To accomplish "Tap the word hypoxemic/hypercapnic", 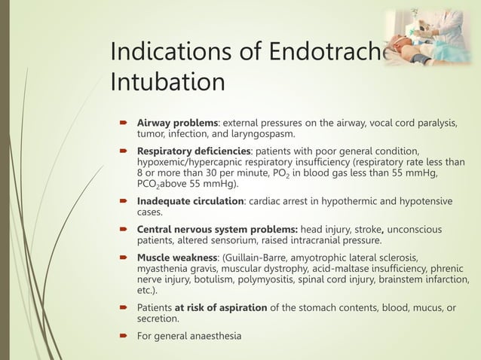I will tap(191, 161).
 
